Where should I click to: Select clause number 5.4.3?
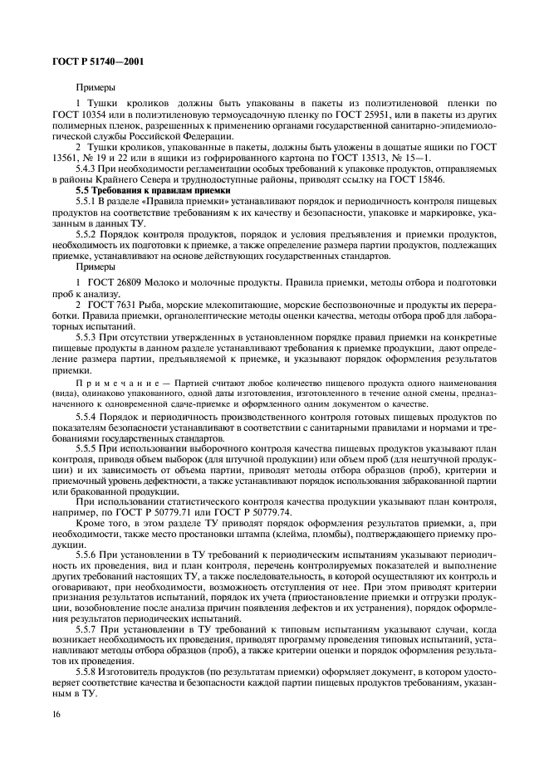[x=90, y=169]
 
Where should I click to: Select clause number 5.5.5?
[x=90, y=449]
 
